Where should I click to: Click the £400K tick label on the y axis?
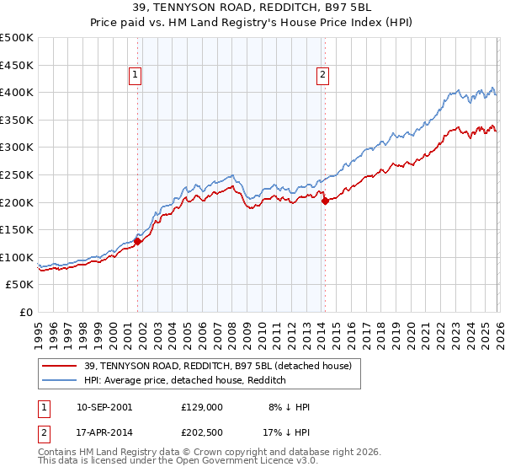(17, 93)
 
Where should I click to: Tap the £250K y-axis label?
(17, 174)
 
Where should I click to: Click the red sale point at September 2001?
(137, 241)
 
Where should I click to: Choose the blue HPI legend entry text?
(185, 380)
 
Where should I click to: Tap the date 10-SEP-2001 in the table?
(104, 407)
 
